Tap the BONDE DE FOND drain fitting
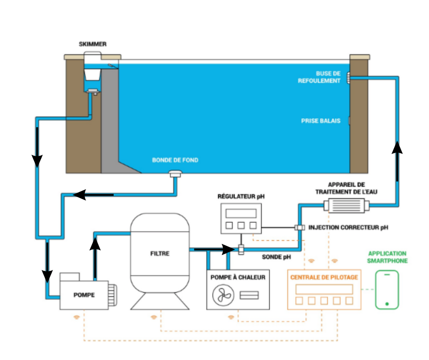tap(175, 174)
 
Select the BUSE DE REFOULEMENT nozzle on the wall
tap(348, 78)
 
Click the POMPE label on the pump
tap(84, 295)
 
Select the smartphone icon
tap(387, 290)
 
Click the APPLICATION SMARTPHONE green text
tap(387, 257)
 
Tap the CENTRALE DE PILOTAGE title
tap(324, 277)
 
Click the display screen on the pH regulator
tap(241, 213)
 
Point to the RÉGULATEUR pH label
tap(241, 197)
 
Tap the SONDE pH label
tap(276, 257)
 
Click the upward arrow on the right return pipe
tap(398, 148)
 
